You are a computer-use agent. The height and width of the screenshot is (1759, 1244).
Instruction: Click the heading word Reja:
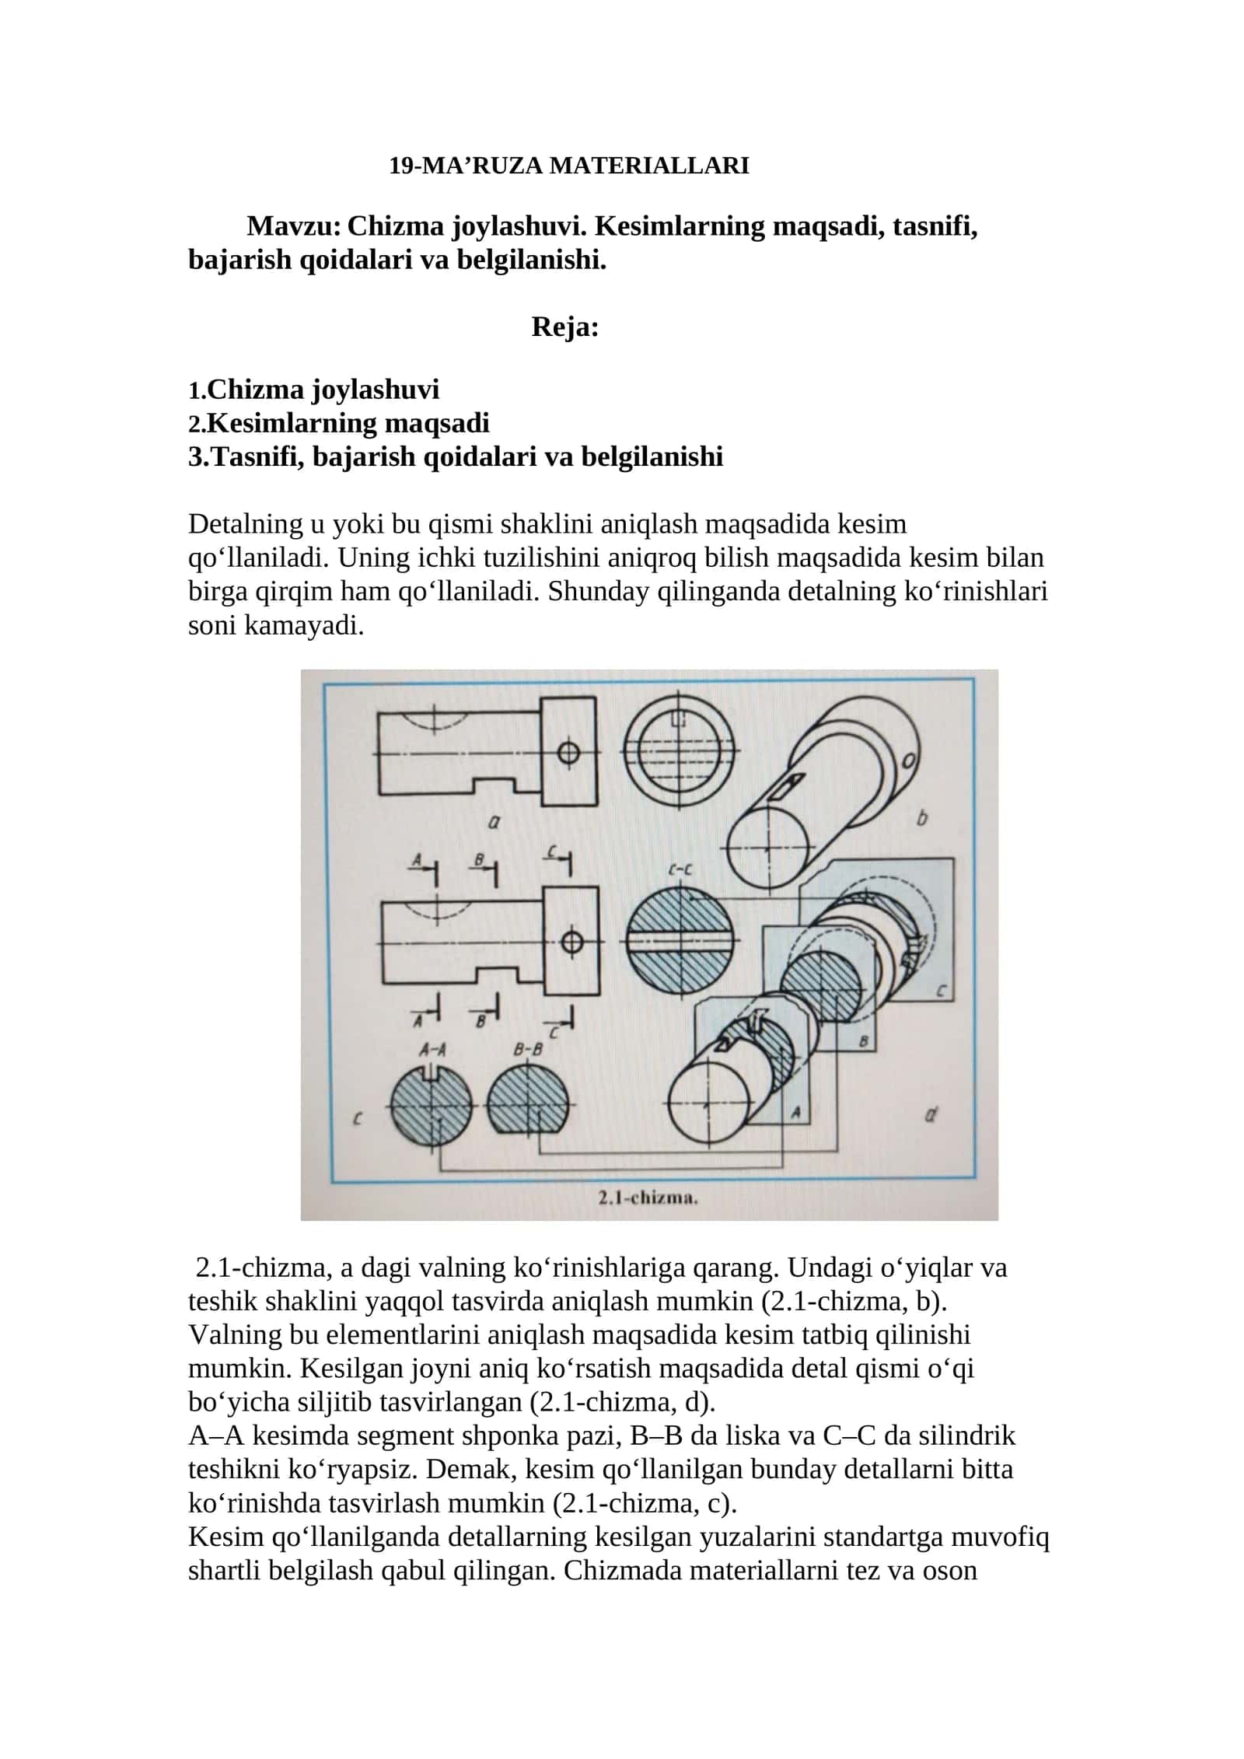pyautogui.click(x=565, y=327)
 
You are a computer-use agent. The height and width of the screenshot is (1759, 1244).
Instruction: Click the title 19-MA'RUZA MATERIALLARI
pyautogui.click(x=569, y=166)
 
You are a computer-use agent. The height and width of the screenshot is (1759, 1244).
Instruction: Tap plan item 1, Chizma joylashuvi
pyautogui.click(x=314, y=389)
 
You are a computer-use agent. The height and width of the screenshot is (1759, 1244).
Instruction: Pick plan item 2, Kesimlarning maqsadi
pyautogui.click(x=339, y=423)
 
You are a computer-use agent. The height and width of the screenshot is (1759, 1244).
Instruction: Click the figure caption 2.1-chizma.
pyautogui.click(x=648, y=1198)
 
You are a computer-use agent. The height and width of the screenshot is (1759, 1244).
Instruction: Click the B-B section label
pyautogui.click(x=529, y=1049)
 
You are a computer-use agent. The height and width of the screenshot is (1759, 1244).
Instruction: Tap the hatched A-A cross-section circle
pyautogui.click(x=431, y=1104)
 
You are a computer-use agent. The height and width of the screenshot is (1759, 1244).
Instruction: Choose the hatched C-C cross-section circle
pyautogui.click(x=680, y=942)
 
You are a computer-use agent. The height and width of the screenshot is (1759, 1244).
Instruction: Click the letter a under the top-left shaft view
pyautogui.click(x=493, y=821)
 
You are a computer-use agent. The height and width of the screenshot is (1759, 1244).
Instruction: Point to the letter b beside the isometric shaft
pyautogui.click(x=923, y=818)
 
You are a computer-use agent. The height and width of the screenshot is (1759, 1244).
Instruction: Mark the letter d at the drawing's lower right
pyautogui.click(x=931, y=1115)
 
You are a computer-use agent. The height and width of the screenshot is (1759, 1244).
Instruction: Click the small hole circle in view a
pyautogui.click(x=569, y=753)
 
